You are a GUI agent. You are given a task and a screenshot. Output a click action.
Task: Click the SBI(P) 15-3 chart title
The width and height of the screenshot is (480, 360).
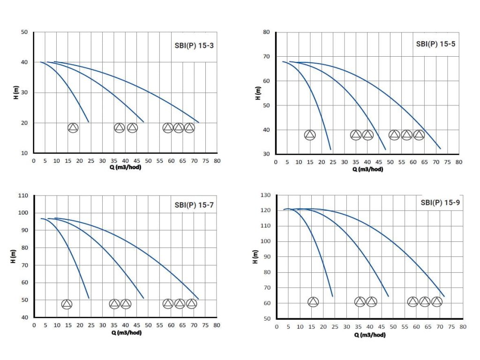(x=194, y=45)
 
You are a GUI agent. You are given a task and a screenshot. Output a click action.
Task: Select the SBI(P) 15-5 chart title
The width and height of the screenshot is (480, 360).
(x=435, y=44)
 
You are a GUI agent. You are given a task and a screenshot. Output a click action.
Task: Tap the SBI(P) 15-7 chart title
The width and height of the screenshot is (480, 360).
(x=194, y=204)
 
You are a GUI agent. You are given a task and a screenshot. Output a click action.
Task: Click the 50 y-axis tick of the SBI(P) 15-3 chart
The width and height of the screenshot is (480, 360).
(x=24, y=32)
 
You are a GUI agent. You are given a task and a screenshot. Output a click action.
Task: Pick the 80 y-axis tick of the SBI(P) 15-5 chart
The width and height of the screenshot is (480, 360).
(x=266, y=32)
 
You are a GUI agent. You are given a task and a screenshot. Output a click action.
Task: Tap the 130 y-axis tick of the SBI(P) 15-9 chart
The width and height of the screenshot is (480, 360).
(x=265, y=195)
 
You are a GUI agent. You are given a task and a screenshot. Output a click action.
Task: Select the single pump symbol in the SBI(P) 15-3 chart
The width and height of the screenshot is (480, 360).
(x=73, y=128)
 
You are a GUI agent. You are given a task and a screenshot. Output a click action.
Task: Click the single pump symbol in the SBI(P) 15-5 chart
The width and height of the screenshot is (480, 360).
(x=310, y=135)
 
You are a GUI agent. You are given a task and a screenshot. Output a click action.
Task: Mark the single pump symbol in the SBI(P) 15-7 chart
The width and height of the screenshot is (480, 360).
(x=67, y=304)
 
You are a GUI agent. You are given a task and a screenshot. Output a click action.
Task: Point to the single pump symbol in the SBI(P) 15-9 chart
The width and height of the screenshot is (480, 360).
(x=313, y=302)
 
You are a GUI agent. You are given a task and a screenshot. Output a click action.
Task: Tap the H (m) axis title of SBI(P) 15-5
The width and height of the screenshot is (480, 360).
(x=258, y=93)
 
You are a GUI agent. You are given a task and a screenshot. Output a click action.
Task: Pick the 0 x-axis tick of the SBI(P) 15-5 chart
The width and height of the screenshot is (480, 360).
(x=276, y=162)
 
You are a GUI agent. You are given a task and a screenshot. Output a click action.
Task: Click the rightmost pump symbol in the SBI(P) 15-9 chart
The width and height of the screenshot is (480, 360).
(x=436, y=302)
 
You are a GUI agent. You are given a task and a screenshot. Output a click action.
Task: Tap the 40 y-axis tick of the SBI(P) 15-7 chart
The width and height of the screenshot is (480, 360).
(x=24, y=317)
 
